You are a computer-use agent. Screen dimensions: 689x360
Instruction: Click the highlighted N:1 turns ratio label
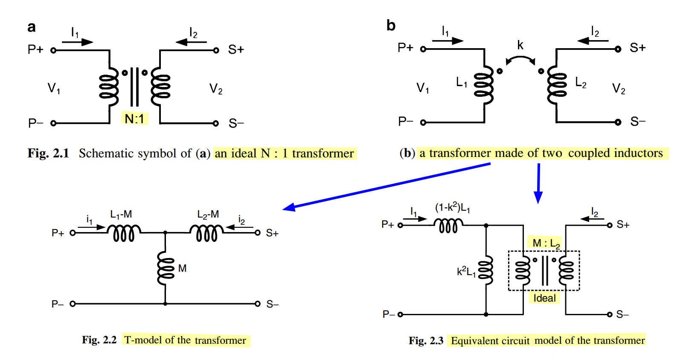[134, 119]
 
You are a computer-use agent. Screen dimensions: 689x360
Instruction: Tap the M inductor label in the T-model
[183, 268]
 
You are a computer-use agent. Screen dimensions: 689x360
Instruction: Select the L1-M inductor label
[121, 215]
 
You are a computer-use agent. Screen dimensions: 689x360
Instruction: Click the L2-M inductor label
[208, 215]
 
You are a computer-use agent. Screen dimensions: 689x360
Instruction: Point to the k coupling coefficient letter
[520, 45]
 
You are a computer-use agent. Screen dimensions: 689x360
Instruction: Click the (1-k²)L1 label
[453, 208]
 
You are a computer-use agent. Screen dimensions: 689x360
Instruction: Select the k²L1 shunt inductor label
[466, 272]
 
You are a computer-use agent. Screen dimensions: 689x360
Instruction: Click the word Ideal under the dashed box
[544, 298]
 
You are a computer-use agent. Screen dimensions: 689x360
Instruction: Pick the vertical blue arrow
[538, 183]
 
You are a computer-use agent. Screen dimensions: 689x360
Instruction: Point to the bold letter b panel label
[391, 26]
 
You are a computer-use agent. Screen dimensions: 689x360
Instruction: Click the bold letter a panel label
[32, 27]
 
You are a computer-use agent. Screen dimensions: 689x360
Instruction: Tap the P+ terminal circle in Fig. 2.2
[73, 233]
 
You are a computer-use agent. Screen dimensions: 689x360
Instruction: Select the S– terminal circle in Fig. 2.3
[609, 314]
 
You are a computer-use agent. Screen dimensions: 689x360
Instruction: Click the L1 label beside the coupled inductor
[462, 82]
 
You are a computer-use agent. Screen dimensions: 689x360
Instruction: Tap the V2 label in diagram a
[215, 89]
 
